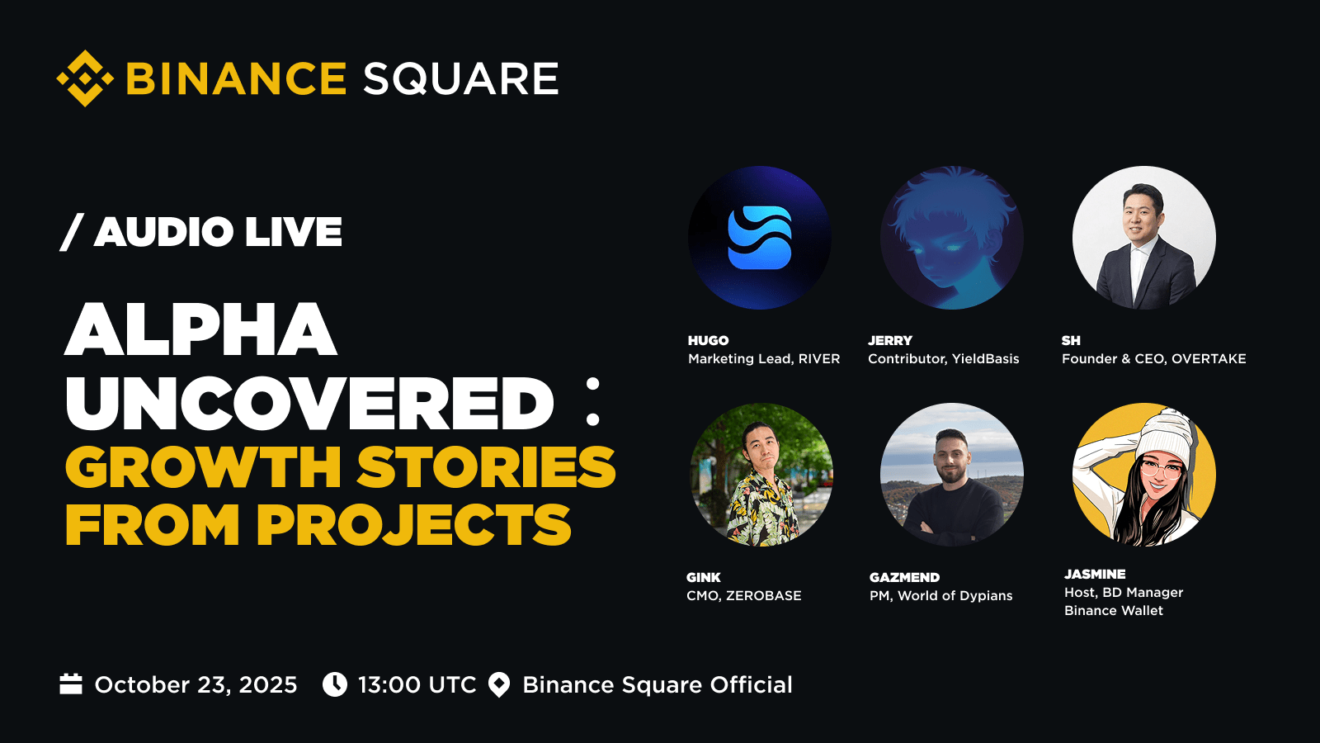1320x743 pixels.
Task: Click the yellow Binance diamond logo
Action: click(x=85, y=78)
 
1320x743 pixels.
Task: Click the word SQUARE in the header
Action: click(x=461, y=78)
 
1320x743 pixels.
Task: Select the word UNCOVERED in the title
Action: click(x=310, y=404)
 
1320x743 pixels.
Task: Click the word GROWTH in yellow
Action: click(x=203, y=467)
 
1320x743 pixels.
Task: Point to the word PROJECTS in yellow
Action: click(x=413, y=524)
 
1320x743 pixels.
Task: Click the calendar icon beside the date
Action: click(x=71, y=684)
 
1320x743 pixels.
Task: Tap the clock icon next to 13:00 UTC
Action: click(x=335, y=684)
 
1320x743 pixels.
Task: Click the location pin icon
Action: click(x=499, y=685)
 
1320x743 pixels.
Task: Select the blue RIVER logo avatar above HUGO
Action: click(x=760, y=238)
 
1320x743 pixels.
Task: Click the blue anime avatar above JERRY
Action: click(x=952, y=238)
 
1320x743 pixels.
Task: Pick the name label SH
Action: click(x=1071, y=340)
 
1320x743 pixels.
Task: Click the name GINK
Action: click(x=704, y=577)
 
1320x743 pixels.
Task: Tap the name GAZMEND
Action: click(x=904, y=577)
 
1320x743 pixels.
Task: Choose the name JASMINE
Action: click(x=1095, y=574)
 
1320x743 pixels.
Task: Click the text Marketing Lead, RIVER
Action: click(x=764, y=358)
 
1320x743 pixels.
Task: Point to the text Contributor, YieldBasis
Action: click(x=944, y=358)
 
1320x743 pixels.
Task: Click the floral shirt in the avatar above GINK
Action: click(x=762, y=510)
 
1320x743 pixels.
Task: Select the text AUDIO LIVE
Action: click(x=218, y=231)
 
